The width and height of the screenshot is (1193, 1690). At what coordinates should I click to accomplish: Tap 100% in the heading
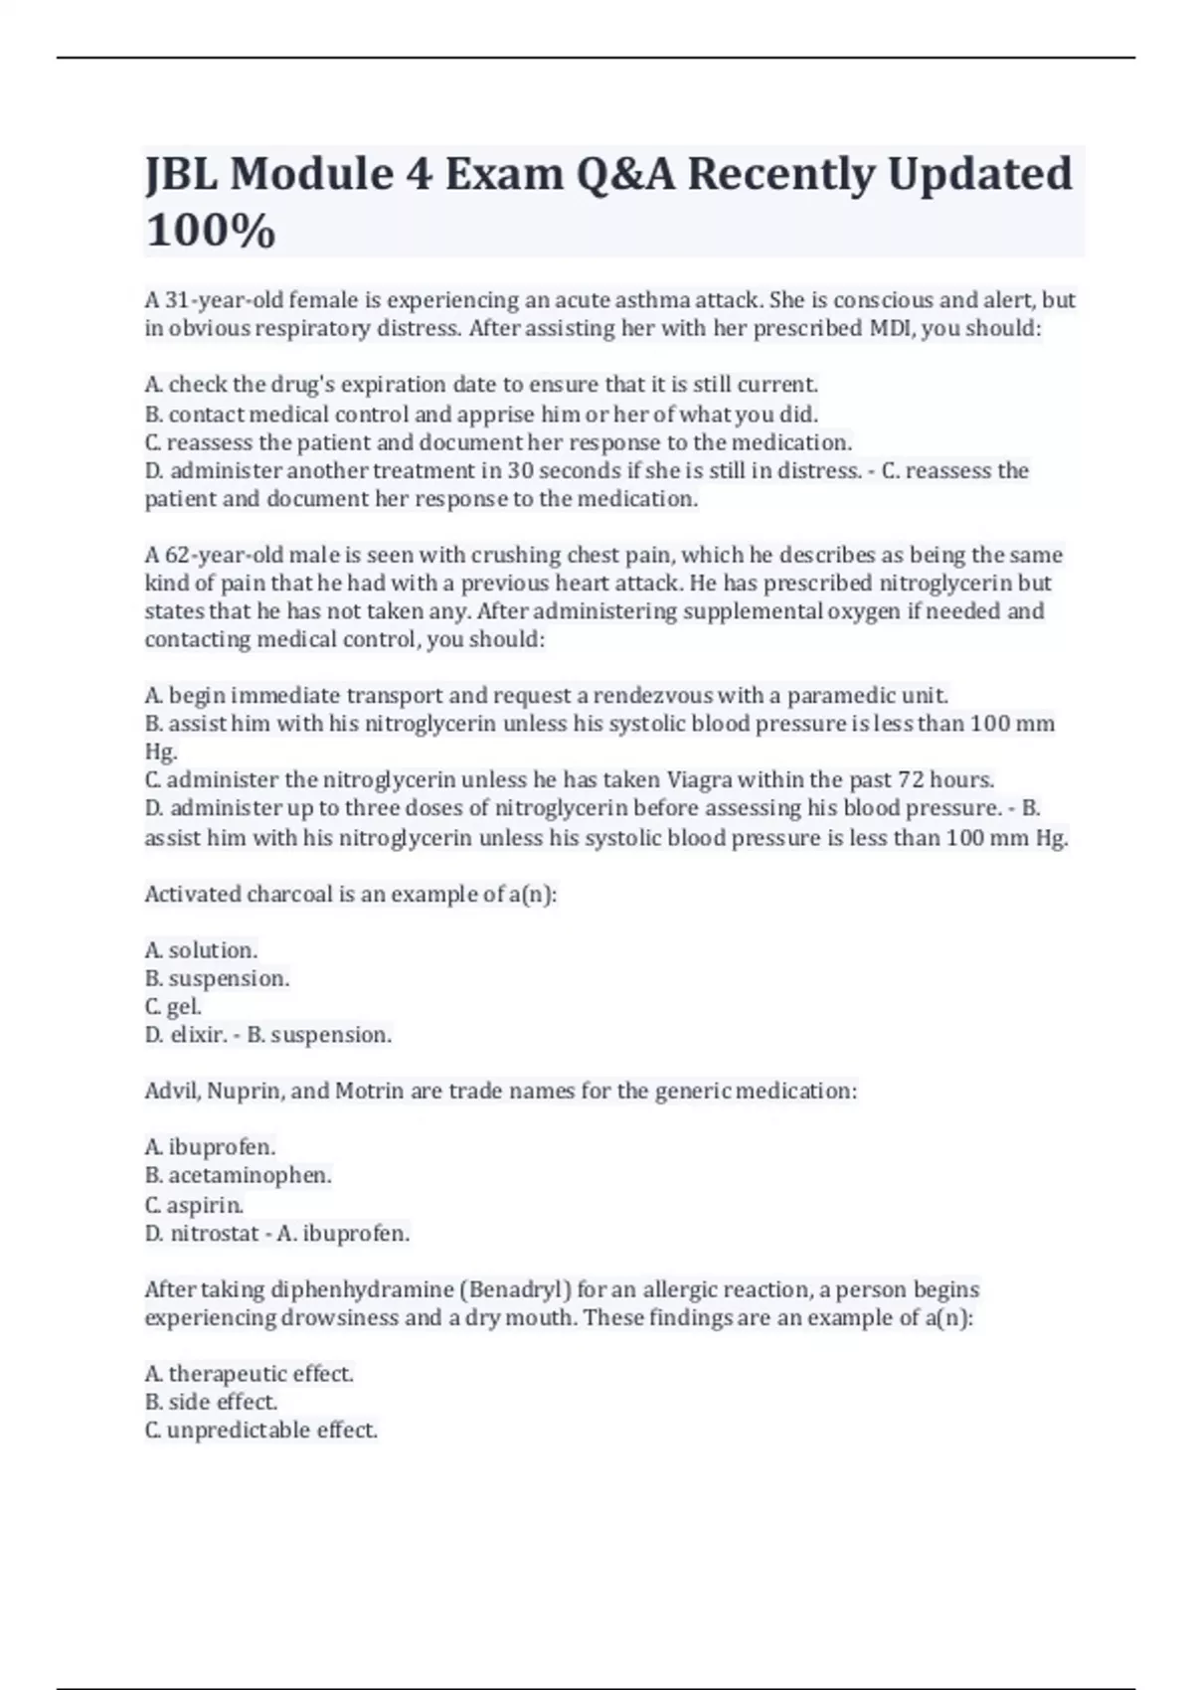(210, 231)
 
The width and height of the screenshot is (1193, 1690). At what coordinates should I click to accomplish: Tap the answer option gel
(184, 1006)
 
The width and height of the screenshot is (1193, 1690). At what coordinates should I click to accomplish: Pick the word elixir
(198, 1035)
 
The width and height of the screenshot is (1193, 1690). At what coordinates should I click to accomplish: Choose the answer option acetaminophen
(250, 1176)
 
